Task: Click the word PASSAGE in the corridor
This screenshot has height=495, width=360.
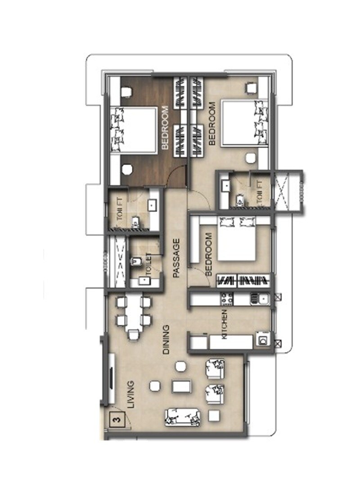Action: click(x=176, y=258)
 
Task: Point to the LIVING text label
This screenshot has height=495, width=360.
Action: click(x=131, y=395)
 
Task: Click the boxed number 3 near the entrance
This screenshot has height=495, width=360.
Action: click(x=117, y=421)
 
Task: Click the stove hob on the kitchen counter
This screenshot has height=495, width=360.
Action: click(x=226, y=298)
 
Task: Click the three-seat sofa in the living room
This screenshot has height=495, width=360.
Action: click(x=182, y=417)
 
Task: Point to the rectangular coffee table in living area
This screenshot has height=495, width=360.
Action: click(x=181, y=386)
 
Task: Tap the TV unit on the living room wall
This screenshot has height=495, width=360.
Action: click(x=111, y=378)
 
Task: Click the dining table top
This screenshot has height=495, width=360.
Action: click(x=133, y=311)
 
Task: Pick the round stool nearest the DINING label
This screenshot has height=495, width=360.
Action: click(x=180, y=366)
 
